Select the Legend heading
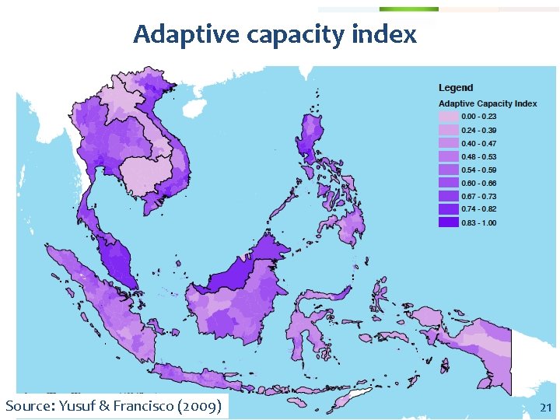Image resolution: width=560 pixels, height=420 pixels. coord(456,88)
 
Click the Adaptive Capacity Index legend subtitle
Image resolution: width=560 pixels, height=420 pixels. coord(488,103)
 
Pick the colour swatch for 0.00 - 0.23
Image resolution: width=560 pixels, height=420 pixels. coord(449,117)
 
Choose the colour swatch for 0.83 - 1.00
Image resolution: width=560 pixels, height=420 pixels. coord(449,222)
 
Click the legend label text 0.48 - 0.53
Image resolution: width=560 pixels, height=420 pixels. coord(479,156)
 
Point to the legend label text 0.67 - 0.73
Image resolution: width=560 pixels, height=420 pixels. coord(479,196)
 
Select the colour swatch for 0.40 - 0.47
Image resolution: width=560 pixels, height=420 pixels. coord(449,143)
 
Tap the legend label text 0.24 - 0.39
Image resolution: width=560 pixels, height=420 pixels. coord(479,130)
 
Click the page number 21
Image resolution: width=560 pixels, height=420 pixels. coord(545,408)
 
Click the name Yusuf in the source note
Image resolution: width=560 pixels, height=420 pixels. coord(81,406)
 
